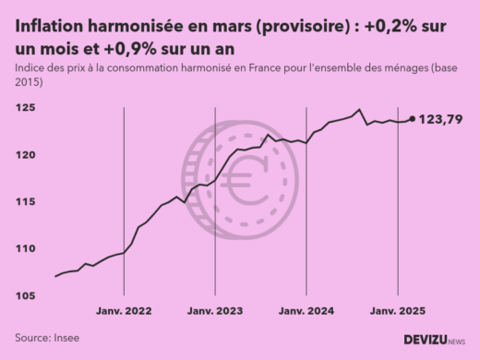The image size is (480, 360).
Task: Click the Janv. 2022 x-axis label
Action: point(123,311)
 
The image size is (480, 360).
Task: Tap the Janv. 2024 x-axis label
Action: point(306,311)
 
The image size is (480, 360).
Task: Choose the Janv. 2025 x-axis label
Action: point(398,311)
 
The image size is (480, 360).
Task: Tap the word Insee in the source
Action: point(65,339)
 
